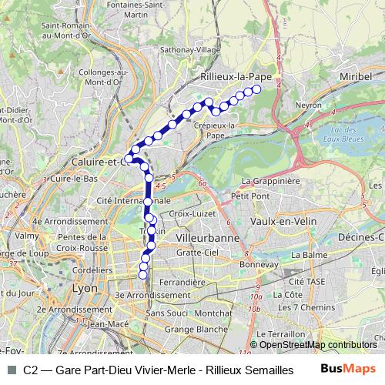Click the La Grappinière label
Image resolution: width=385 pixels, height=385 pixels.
click(270, 181)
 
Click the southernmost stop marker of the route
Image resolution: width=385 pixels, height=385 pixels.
click(142, 275)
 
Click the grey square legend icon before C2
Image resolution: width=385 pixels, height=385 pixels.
click(10, 370)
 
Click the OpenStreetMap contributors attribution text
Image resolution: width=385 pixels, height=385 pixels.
click(318, 345)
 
